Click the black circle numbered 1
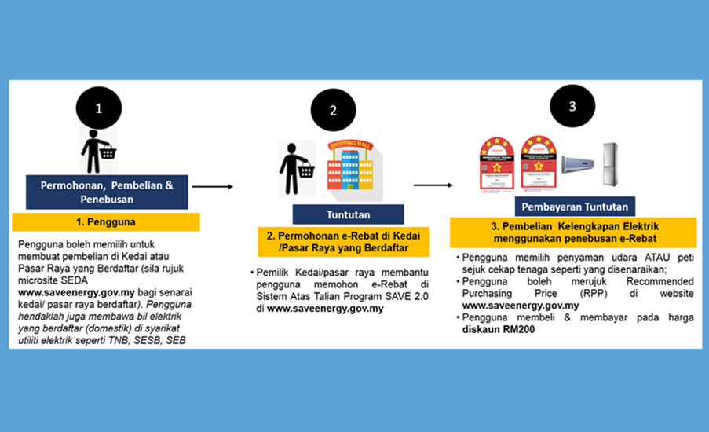98,110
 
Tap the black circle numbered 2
333,111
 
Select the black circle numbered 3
572,106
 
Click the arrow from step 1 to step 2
213,187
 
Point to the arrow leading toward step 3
433,185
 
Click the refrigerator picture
609,164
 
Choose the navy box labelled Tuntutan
348,214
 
